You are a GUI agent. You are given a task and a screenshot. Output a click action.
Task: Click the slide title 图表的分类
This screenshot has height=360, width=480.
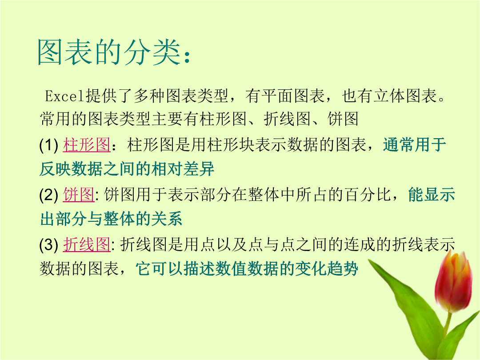tap(109, 52)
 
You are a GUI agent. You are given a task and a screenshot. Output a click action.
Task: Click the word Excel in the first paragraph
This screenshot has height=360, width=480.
tap(64, 96)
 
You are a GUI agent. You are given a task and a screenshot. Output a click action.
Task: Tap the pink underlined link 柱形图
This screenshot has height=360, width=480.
tap(87, 145)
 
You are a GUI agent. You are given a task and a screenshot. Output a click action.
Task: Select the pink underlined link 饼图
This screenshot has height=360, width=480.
tap(79, 194)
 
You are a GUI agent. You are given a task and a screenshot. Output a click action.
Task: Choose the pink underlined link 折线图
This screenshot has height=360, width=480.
tap(87, 244)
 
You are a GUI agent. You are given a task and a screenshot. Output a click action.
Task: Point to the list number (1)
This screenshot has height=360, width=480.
tap(49, 145)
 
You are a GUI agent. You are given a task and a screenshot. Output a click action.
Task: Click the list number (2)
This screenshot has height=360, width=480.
tap(49, 195)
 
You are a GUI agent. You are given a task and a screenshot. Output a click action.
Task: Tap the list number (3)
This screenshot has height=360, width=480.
tap(49, 244)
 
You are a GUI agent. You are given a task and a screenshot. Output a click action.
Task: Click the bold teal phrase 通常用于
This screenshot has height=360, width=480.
tap(415, 145)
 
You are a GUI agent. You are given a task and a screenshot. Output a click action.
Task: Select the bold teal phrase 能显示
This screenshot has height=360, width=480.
tap(432, 194)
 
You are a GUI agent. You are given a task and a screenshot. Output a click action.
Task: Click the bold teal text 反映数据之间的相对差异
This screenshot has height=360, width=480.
tap(127, 169)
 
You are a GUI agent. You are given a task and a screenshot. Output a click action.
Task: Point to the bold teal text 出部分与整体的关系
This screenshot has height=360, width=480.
tap(111, 219)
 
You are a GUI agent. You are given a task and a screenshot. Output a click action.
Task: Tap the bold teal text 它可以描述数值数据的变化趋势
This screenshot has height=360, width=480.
tap(247, 269)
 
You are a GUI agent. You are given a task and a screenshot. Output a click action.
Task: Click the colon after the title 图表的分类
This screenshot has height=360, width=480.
tap(188, 56)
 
